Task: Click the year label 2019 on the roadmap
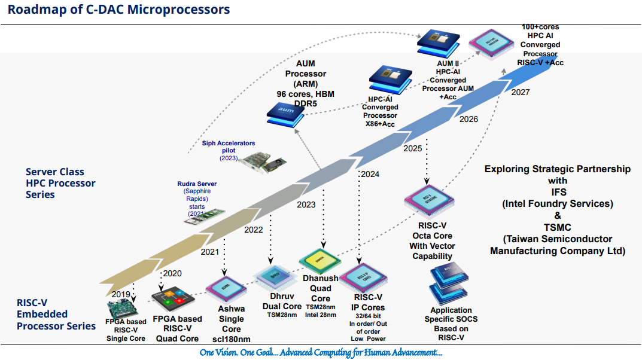click(x=121, y=294)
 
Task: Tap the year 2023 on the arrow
click(x=306, y=205)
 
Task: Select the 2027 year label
click(x=521, y=91)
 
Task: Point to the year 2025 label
click(x=413, y=148)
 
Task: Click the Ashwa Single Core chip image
click(x=226, y=289)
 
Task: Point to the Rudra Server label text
click(x=197, y=184)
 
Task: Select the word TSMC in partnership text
click(x=558, y=227)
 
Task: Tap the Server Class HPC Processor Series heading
click(x=60, y=184)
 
